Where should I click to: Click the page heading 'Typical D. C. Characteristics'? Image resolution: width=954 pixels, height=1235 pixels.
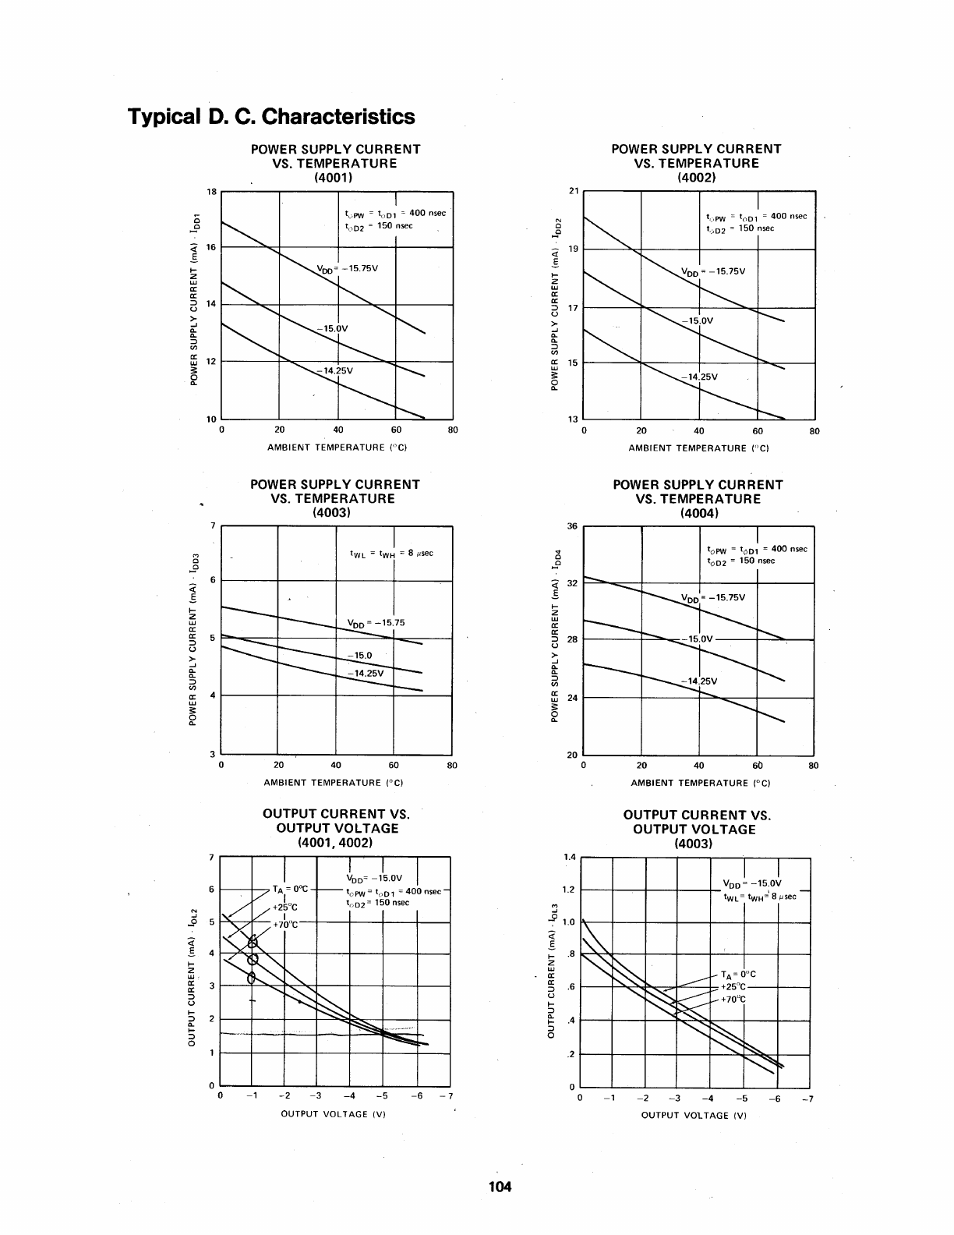(x=271, y=117)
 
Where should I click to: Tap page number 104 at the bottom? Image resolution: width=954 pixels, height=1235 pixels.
(x=499, y=1187)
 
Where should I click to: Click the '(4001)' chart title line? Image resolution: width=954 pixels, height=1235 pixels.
(x=334, y=177)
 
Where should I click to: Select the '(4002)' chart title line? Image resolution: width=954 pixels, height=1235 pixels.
(x=697, y=177)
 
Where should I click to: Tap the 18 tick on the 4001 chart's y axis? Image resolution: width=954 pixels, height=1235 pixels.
(x=211, y=191)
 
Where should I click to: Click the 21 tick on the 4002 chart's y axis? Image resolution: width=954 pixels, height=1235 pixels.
(x=574, y=191)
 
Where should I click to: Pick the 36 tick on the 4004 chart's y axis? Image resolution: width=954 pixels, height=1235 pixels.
(x=572, y=526)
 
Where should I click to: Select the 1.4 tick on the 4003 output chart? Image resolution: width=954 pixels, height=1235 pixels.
(x=569, y=857)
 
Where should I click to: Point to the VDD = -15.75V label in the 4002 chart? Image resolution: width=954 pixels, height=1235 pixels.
(x=713, y=271)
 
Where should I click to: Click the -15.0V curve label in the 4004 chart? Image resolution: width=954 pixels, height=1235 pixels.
(x=698, y=639)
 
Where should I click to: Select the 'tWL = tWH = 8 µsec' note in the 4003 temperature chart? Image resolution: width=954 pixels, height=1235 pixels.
(x=391, y=553)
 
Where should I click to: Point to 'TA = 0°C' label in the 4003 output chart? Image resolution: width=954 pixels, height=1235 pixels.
(x=739, y=974)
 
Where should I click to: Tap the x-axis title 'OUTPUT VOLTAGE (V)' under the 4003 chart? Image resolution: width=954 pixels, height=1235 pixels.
(x=694, y=1115)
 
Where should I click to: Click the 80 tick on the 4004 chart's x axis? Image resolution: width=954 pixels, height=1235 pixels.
(x=814, y=766)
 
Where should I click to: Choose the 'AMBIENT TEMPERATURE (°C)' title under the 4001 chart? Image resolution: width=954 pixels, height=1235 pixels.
(x=337, y=448)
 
